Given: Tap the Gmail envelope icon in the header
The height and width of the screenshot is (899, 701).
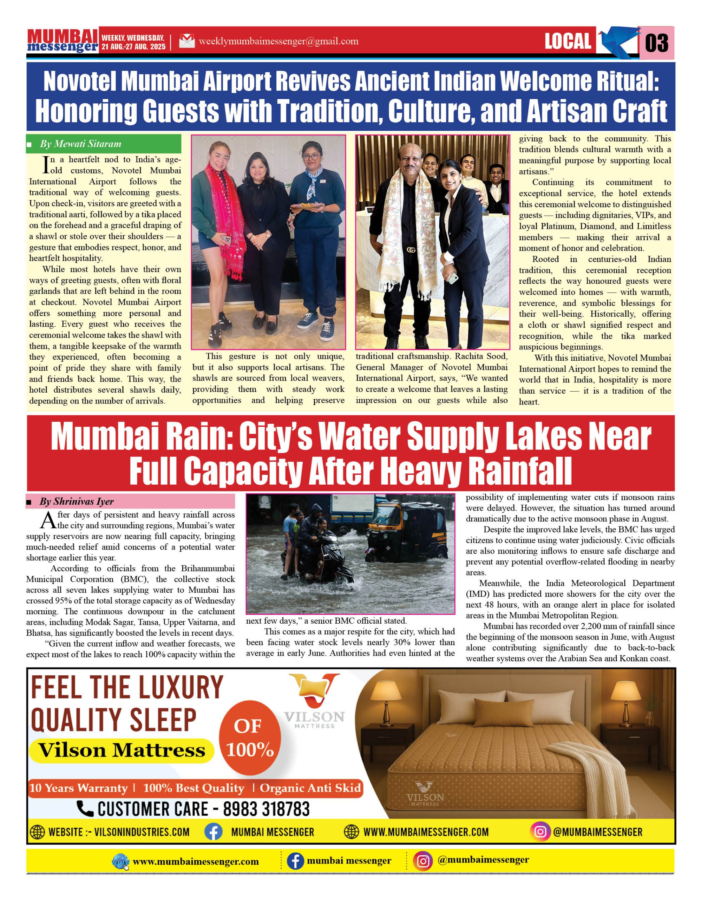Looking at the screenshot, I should coord(186,41).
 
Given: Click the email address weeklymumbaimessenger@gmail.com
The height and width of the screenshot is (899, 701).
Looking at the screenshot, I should coord(278,41).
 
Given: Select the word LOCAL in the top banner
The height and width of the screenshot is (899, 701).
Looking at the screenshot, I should coord(568,41).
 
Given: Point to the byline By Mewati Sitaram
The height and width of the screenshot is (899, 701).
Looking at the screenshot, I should coord(81,144).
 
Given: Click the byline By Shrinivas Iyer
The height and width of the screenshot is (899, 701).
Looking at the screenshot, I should coord(77,501).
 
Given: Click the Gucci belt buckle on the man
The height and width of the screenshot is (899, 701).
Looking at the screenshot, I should coord(411,250).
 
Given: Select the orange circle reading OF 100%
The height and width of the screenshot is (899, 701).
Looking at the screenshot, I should coord(249,738).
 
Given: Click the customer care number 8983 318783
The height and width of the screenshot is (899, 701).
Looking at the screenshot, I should coord(266,809).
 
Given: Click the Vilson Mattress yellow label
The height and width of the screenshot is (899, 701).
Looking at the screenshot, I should coord(122,750).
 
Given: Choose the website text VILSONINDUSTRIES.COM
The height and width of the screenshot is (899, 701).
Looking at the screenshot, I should coord(142,832).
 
